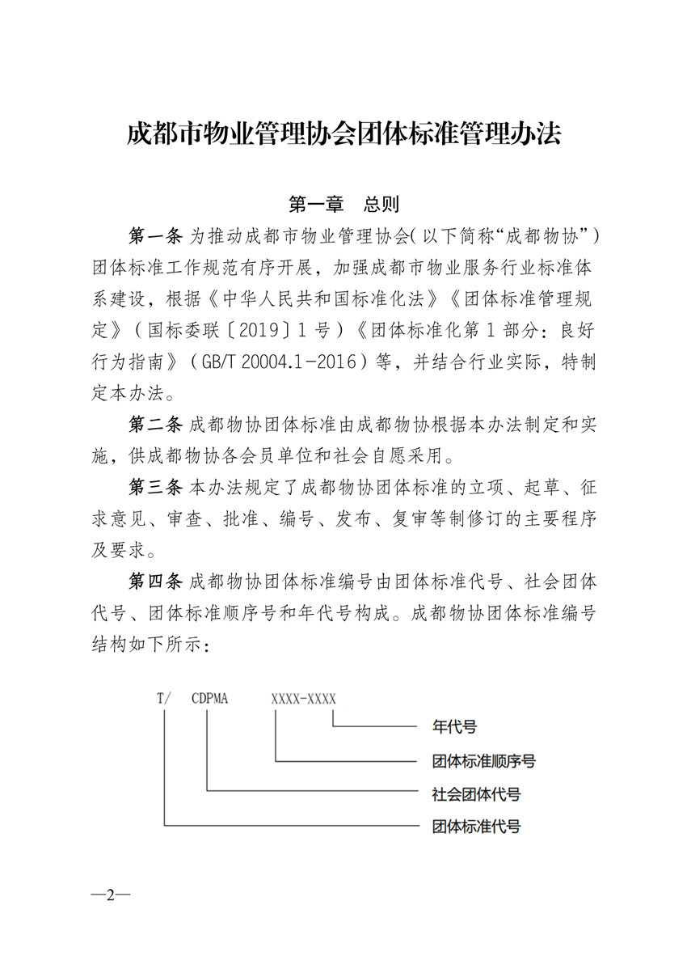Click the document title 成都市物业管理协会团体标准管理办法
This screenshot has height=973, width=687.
(x=343, y=133)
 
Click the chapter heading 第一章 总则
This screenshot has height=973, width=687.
(x=343, y=203)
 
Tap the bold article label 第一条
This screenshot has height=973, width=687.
(x=156, y=235)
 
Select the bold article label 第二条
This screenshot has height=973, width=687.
(x=156, y=424)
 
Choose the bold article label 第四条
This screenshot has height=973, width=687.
(x=156, y=582)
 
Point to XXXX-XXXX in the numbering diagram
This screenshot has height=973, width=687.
(x=303, y=698)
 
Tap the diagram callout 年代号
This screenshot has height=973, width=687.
(x=454, y=727)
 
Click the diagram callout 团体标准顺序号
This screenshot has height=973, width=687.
(x=483, y=761)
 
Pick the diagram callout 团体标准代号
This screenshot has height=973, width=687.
(x=476, y=827)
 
